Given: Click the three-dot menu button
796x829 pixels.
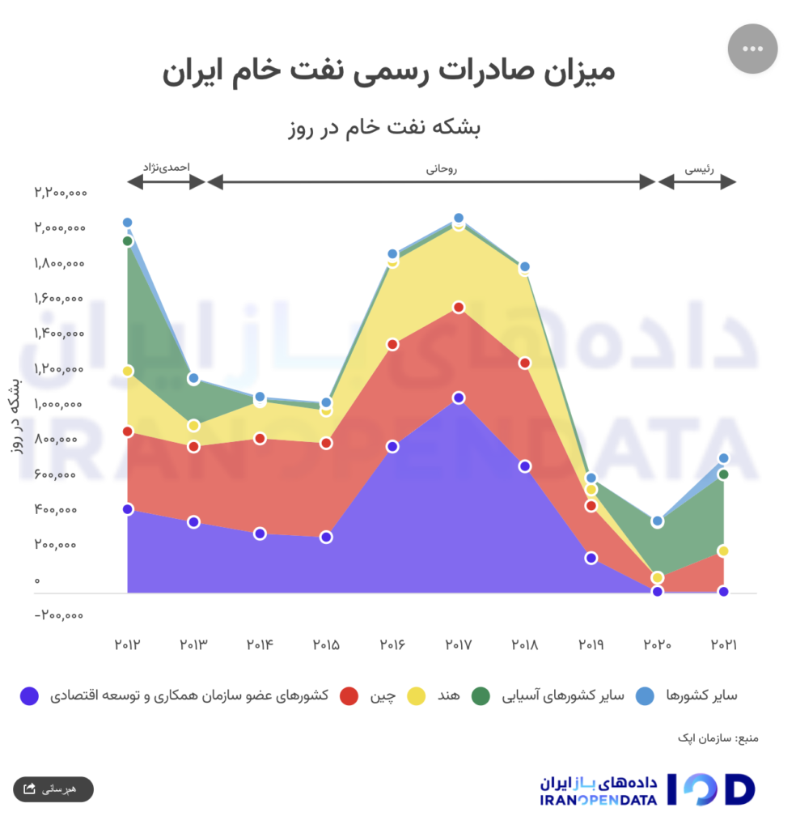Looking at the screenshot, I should (x=752, y=49).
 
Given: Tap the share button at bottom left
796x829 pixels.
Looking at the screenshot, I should (x=53, y=789).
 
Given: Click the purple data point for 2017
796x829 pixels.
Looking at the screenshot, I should (x=459, y=397).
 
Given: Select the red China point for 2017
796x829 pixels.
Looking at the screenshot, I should (x=459, y=308).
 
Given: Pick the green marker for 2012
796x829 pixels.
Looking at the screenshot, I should (x=128, y=240).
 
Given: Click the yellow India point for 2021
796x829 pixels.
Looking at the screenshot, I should (x=724, y=551).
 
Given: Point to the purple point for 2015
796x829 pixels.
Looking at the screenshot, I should (x=326, y=537).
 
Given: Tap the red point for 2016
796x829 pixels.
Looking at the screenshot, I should (x=392, y=344).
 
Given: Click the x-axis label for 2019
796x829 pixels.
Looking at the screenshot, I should (x=591, y=645).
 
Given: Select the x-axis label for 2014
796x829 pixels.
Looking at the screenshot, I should (x=260, y=645).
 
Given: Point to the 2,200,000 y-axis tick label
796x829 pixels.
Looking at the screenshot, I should (x=60, y=193).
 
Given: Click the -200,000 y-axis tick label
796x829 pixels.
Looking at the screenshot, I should (x=60, y=615).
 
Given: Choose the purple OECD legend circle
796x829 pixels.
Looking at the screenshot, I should (x=30, y=695).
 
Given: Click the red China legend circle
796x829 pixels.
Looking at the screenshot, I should (x=349, y=695).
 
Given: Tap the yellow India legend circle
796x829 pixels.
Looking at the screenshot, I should (x=416, y=695).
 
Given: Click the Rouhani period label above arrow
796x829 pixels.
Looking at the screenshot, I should (x=442, y=169).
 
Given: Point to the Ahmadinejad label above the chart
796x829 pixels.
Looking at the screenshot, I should (x=166, y=167).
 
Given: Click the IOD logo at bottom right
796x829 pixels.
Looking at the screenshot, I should (x=710, y=789).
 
